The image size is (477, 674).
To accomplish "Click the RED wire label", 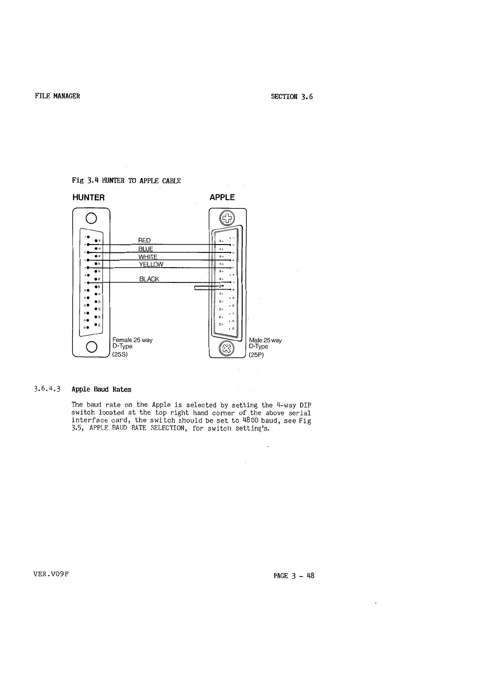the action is tap(145, 240).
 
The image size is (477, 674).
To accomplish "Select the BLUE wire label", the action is tap(146, 249).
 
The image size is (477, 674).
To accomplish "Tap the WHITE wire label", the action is tap(148, 257).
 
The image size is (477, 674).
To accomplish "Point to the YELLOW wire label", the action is tap(151, 264).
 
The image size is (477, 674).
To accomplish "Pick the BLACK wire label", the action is tap(149, 279).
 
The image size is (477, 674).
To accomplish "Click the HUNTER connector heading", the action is tap(89, 198).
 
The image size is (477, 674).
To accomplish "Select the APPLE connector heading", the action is tap(222, 198).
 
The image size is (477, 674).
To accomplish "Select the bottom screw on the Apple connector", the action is tap(227, 347).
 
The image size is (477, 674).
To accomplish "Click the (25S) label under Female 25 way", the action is tap(120, 355).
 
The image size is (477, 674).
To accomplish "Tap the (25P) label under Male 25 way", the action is tap(256, 355).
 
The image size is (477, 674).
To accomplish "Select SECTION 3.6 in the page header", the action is tap(292, 97).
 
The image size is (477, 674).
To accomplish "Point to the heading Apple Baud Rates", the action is tap(101, 390).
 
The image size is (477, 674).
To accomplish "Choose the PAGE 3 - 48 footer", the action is tap(294, 576).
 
